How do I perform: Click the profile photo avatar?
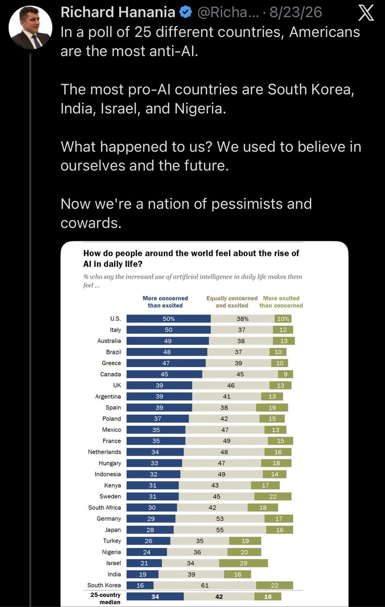tap(30, 27)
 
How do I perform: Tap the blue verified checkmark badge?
tap(186, 12)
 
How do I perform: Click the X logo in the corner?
tap(366, 13)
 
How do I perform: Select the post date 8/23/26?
tap(296, 12)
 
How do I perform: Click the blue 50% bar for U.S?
tap(168, 319)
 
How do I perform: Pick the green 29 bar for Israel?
tap(244, 563)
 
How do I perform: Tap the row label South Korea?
tap(104, 585)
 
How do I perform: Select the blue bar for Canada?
tap(164, 374)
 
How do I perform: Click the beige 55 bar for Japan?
tap(220, 530)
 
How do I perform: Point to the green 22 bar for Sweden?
tap(273, 496)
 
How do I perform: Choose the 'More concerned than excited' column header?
tap(165, 302)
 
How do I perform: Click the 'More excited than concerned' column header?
tap(281, 302)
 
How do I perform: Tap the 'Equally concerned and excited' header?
tap(232, 302)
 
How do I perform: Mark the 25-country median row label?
tap(106, 598)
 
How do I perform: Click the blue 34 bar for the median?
tap(155, 596)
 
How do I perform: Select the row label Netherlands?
tap(105, 452)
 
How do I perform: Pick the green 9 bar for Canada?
tap(285, 374)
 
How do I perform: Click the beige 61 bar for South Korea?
tap(205, 585)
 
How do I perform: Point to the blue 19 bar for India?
tap(142, 574)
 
